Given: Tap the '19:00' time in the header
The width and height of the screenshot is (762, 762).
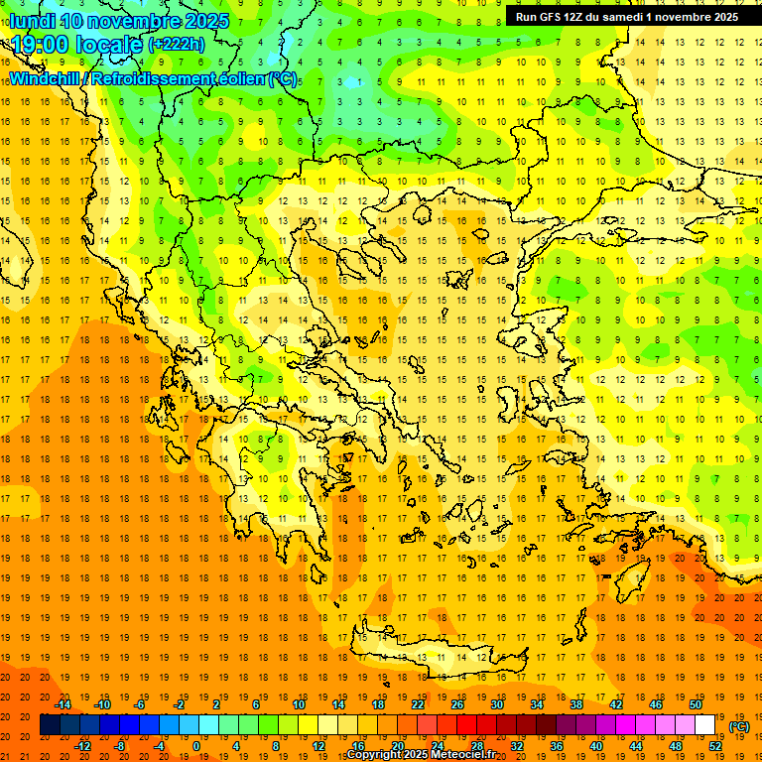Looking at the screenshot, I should pos(40,44).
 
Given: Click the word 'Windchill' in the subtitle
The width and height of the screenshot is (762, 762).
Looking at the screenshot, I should pos(48,79).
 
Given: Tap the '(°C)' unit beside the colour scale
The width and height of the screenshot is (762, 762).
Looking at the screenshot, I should pos(738,726).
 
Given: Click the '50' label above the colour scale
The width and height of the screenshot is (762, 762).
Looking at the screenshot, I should pos(695,704).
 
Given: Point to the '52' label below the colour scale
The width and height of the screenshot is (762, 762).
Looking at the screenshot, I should pos(715,746).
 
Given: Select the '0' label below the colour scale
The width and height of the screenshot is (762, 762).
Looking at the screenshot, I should pos(195,746).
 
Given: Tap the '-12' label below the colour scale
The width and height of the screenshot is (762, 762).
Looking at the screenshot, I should pos(82,746).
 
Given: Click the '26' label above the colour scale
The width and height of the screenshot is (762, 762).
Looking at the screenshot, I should pos(457,704).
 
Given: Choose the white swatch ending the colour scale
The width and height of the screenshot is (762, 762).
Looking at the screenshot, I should pos(704,725).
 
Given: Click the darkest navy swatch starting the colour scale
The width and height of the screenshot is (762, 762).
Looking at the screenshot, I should pos(50,725).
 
